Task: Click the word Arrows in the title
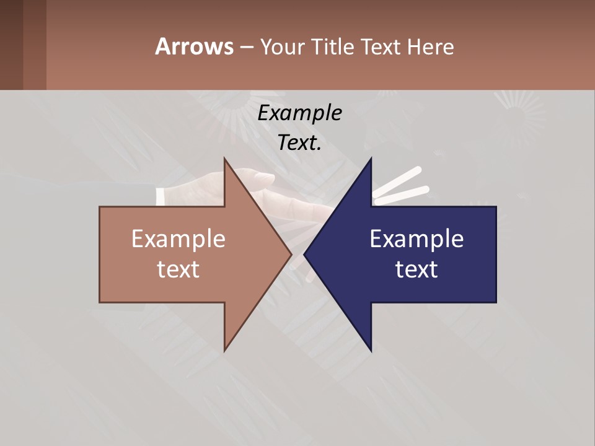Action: point(194,46)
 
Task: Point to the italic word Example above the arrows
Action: point(299,113)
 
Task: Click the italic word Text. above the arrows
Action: point(299,142)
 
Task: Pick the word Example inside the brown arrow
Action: point(178,238)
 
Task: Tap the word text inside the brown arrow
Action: point(178,269)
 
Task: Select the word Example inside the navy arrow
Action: point(416,238)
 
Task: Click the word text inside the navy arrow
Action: point(416,269)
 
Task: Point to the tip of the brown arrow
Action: point(291,254)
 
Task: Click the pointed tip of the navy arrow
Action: point(304,254)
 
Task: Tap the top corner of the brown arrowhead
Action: point(225,159)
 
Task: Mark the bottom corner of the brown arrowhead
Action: point(225,350)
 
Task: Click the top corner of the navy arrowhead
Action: point(371,159)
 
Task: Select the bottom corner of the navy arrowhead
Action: point(371,350)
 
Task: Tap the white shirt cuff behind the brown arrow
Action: point(161,197)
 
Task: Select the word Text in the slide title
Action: point(381,47)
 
